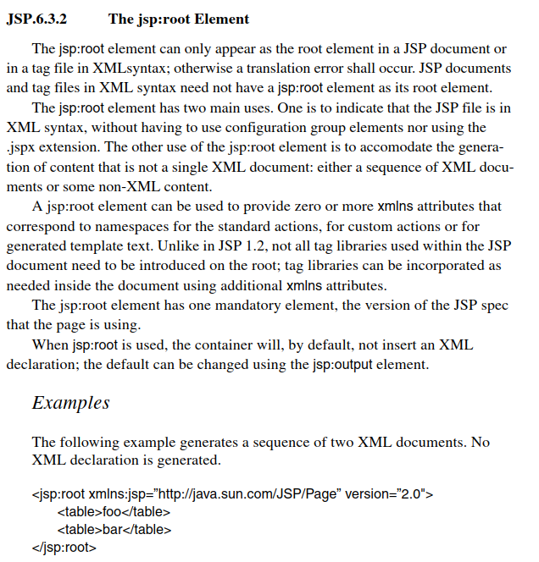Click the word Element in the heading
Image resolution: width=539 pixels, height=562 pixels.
(x=225, y=19)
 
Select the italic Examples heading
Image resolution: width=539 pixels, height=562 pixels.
(x=71, y=402)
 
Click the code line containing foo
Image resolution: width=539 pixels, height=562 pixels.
(x=114, y=511)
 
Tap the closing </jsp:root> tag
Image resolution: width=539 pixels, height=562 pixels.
(x=64, y=548)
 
